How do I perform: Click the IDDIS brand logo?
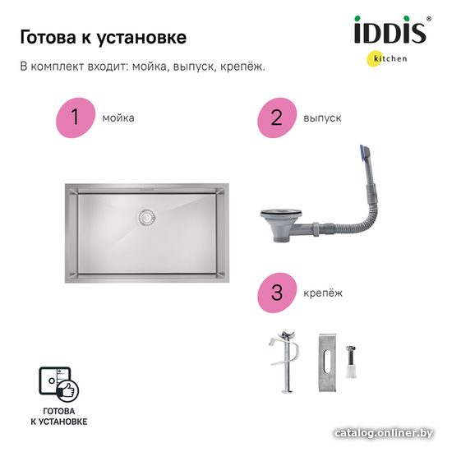point(391,30)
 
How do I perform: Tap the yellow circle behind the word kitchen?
point(374,59)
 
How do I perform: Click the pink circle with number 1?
point(76,118)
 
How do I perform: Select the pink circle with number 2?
point(277,118)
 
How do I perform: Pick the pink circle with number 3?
point(277,293)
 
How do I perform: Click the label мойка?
point(118,118)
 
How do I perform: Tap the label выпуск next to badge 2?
point(322,118)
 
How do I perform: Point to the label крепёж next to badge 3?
point(323,293)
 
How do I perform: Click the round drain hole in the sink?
point(146,217)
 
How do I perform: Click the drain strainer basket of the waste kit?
point(281,225)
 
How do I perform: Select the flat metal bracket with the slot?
point(327,362)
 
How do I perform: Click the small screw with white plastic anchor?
point(351,362)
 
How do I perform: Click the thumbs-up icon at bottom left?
point(68,390)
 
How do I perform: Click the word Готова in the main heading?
point(48,38)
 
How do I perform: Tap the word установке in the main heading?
point(141,38)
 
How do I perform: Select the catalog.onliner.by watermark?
point(384,433)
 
